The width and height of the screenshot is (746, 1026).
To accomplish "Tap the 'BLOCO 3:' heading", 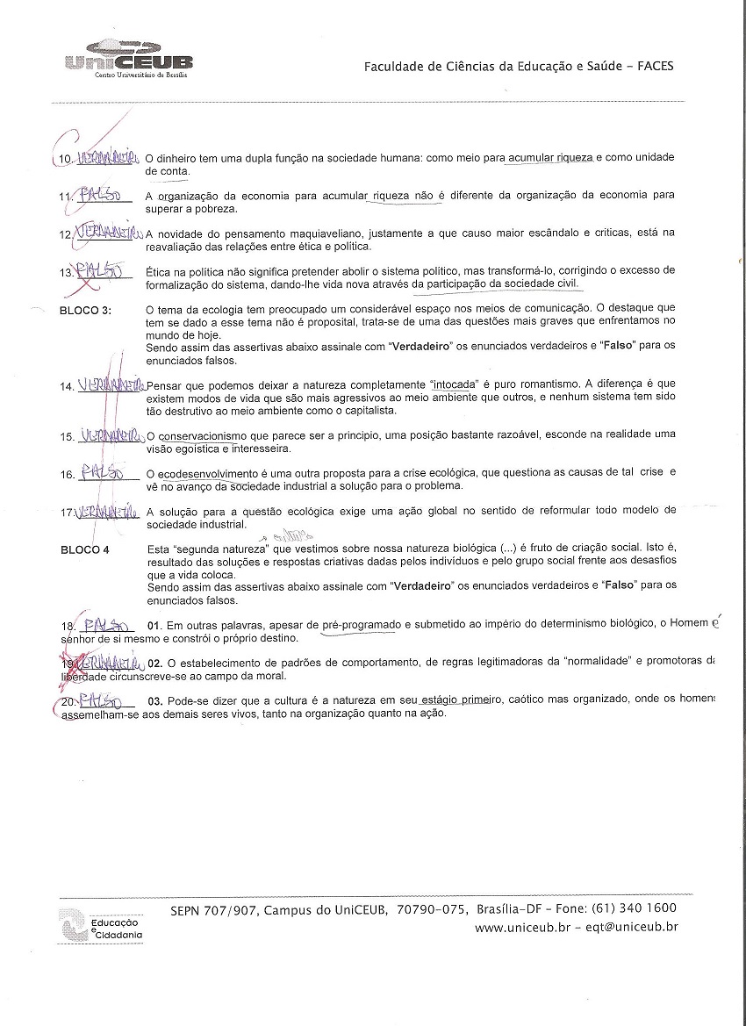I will coord(85,310).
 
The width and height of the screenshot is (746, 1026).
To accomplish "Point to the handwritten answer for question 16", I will coord(103,473).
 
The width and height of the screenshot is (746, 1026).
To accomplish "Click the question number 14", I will coord(67,387).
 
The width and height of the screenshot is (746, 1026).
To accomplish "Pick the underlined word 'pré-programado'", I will coord(362,624).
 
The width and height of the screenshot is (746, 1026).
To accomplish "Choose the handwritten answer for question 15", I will coord(109,435).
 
